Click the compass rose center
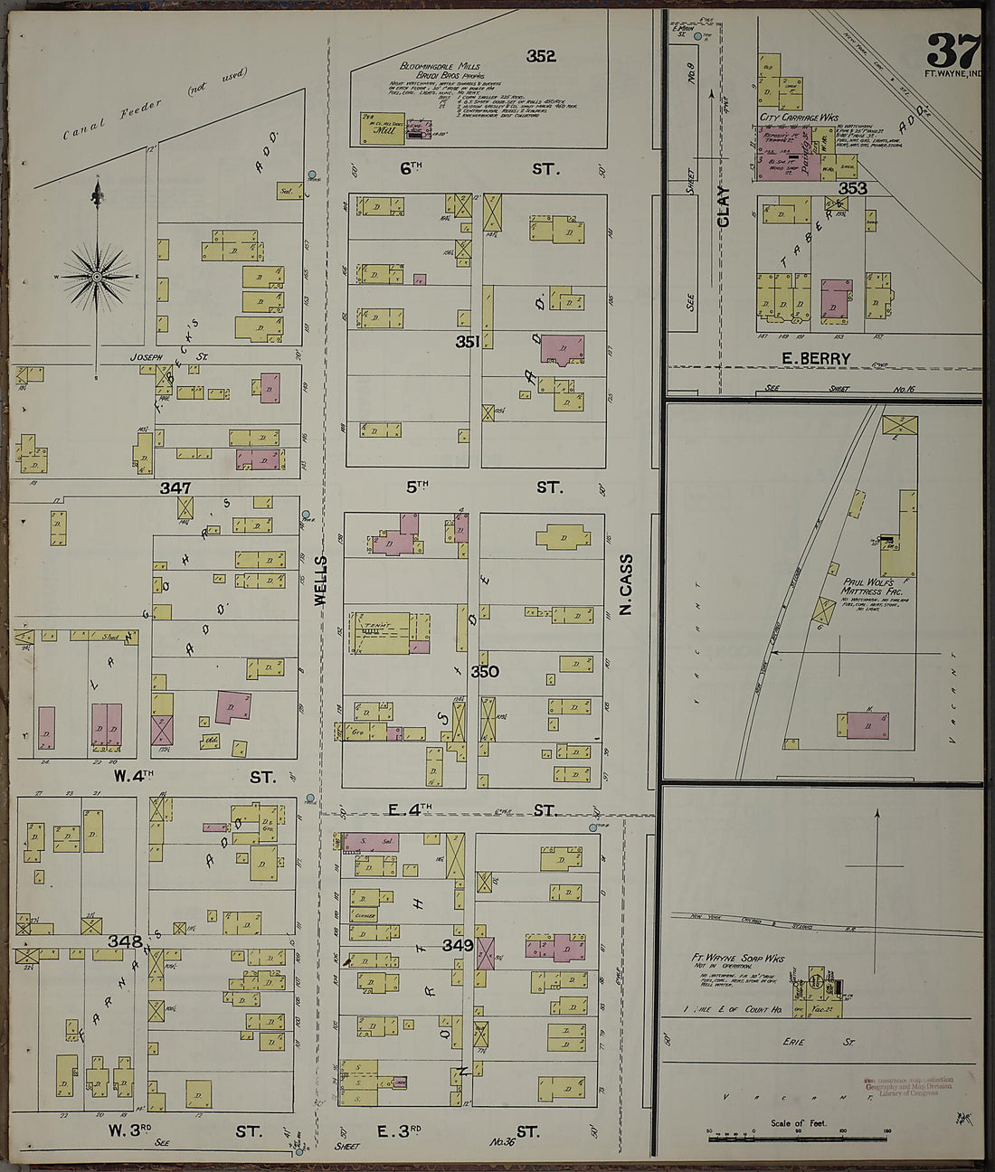(x=97, y=275)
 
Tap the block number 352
(x=541, y=56)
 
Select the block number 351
(x=468, y=342)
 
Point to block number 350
(x=485, y=672)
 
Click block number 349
(x=459, y=945)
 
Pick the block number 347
(x=175, y=487)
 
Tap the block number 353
(x=852, y=188)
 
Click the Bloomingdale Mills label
(x=441, y=67)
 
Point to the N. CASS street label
(x=625, y=585)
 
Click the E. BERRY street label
(x=818, y=359)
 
